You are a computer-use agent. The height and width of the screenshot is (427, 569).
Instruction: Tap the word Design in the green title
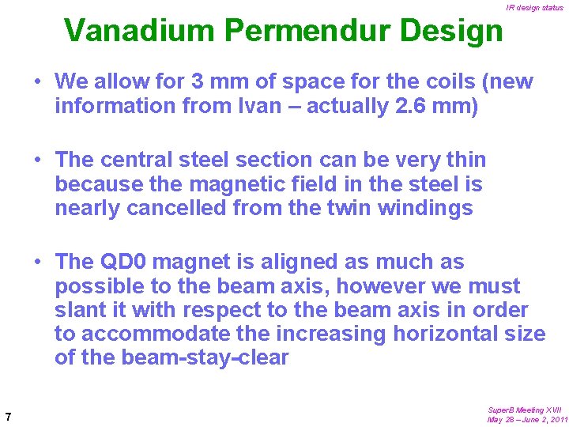click(452, 30)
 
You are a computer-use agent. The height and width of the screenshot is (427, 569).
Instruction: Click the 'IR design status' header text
click(535, 8)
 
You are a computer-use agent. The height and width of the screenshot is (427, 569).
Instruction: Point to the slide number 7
click(7, 417)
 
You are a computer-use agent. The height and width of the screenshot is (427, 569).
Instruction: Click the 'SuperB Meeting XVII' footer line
click(525, 410)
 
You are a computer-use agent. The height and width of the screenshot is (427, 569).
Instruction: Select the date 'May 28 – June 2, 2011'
click(527, 420)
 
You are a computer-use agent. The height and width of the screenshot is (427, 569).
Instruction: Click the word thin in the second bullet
click(468, 160)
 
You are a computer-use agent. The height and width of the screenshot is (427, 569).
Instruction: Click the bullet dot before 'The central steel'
click(37, 160)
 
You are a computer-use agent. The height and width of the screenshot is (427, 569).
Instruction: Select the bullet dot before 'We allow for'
click(37, 81)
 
